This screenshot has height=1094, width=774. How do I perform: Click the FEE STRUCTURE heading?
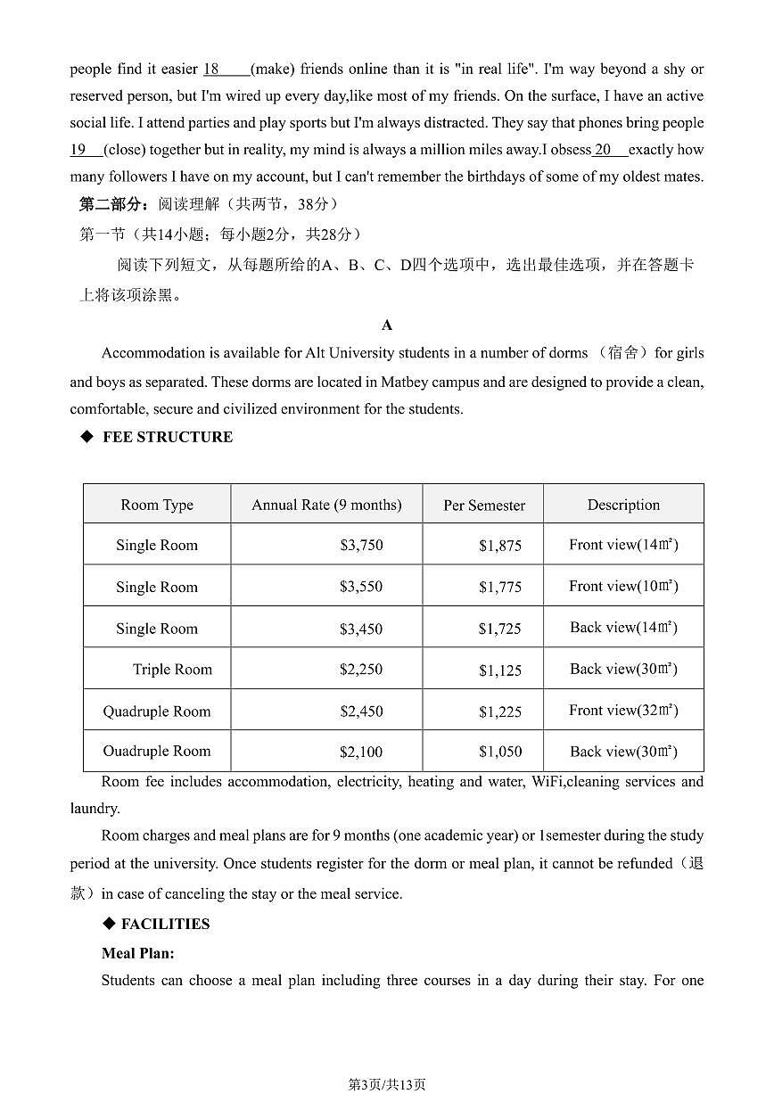pos(167,437)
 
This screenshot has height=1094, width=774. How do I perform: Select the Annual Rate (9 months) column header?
pos(326,505)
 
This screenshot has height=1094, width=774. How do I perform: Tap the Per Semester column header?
pos(484,506)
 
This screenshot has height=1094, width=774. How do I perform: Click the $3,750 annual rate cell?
pos(361,545)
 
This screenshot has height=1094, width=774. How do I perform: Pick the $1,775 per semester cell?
pos(499,587)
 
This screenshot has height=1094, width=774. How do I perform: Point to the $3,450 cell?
pos(361,629)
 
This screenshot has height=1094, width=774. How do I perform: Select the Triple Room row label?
pos(172,670)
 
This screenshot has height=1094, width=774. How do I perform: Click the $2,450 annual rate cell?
pos(361,712)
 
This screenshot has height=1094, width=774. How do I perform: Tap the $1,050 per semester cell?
pos(499,752)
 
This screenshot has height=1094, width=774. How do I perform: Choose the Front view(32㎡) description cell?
pos(623,711)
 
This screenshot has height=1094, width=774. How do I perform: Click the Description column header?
pos(623,505)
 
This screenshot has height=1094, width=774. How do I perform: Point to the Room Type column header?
pos(157,506)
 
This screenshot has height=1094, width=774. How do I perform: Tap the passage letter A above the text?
pos(386,325)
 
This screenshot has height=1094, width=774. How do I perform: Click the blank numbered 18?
pos(226,70)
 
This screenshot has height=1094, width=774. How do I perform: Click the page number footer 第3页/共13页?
pos(386,1084)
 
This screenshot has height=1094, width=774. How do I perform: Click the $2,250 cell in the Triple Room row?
pos(361,670)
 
